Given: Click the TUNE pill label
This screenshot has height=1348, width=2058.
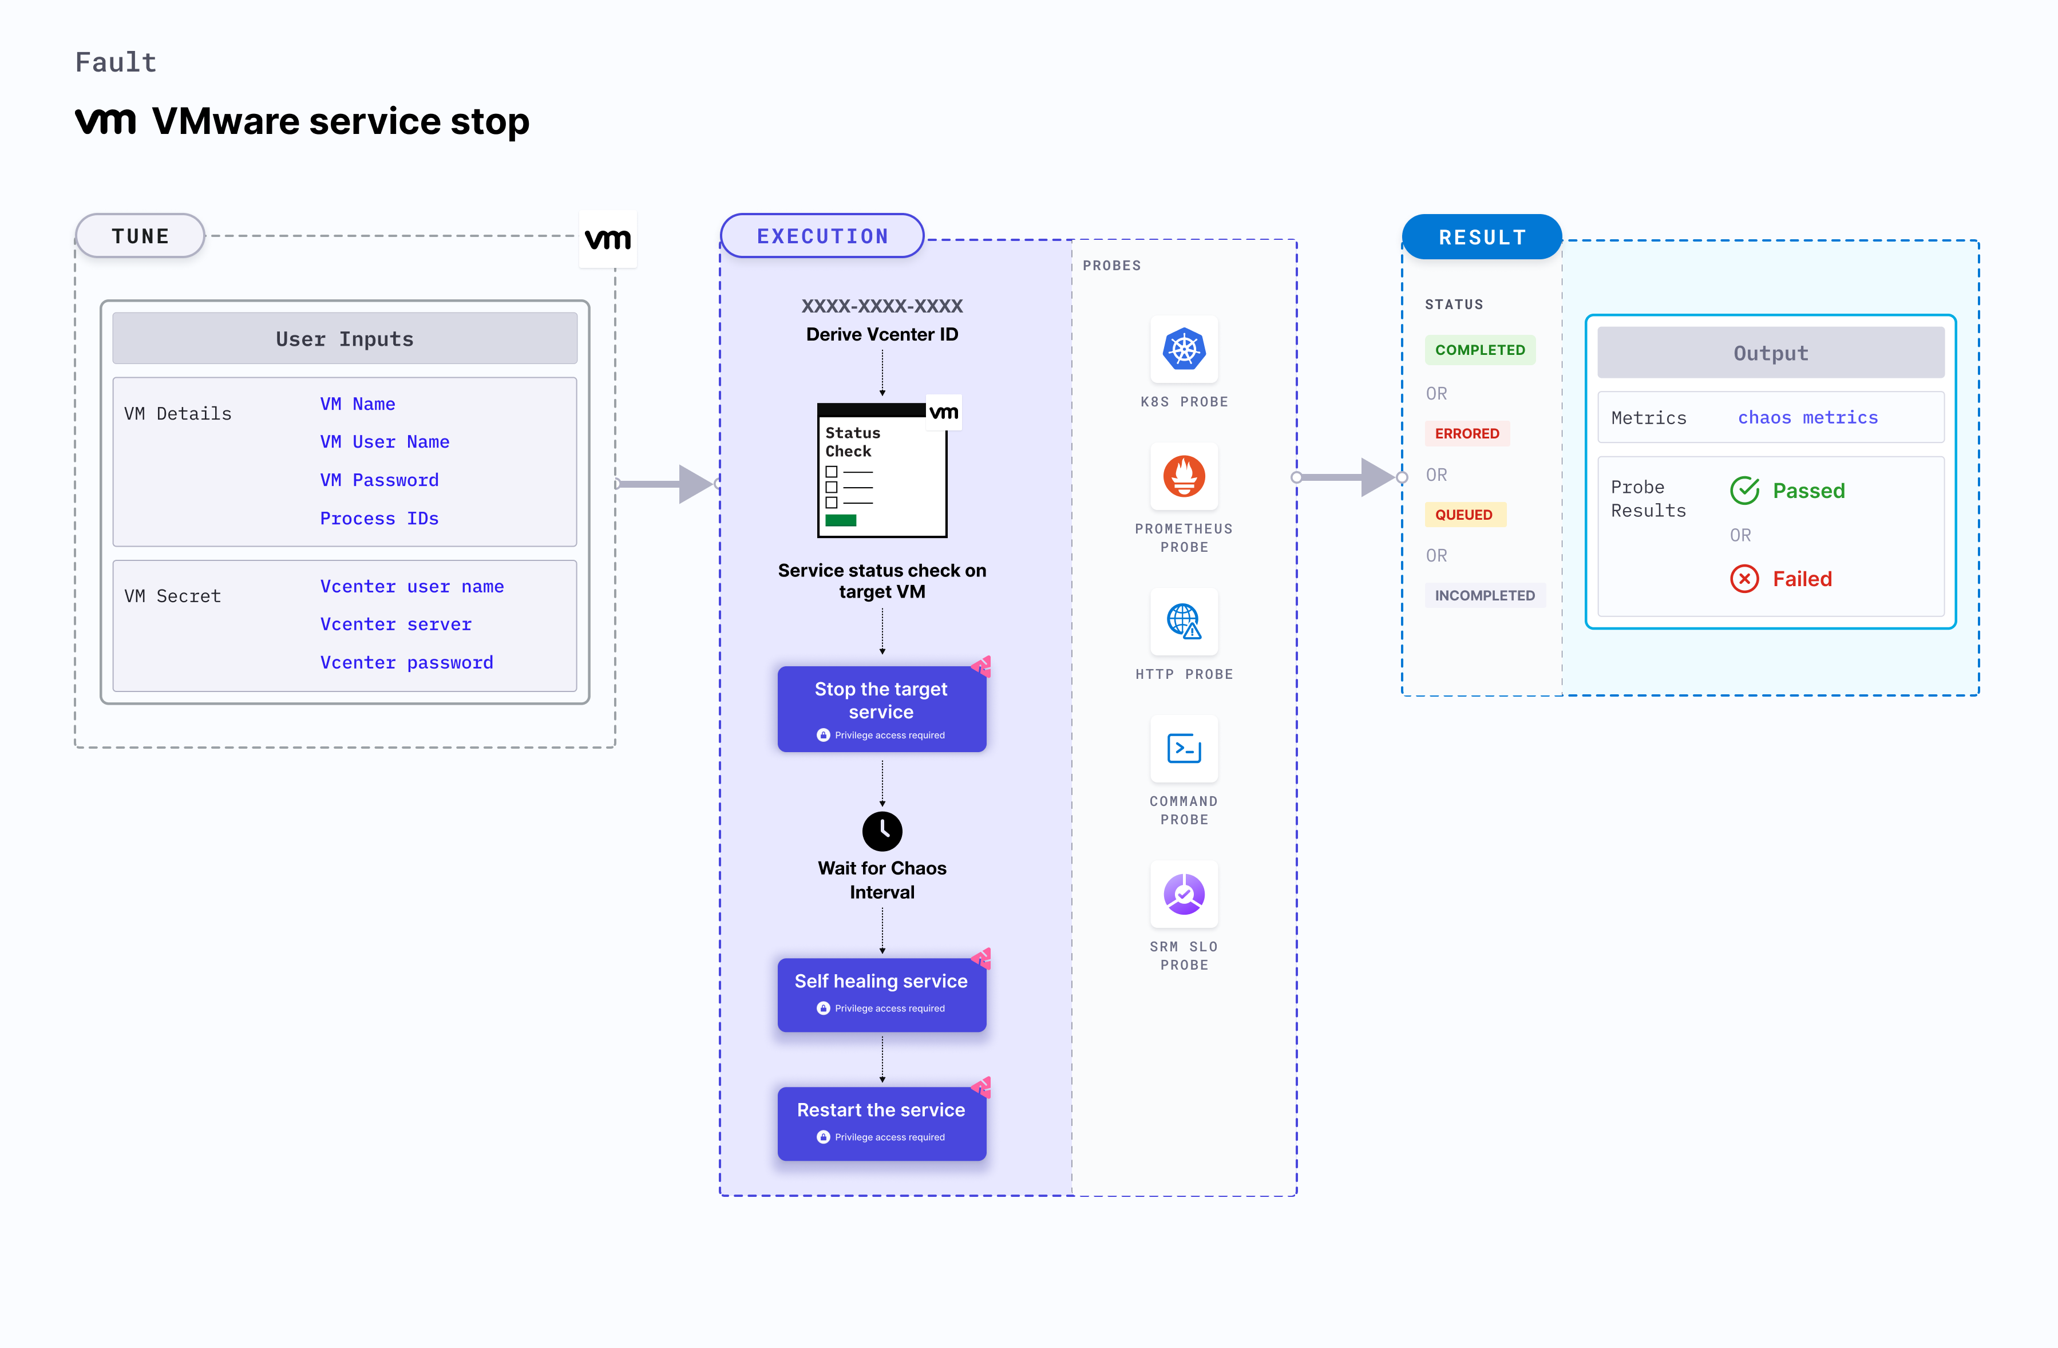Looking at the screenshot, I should pyautogui.click(x=140, y=236).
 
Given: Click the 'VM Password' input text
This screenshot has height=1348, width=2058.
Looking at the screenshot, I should pyautogui.click(x=379, y=480).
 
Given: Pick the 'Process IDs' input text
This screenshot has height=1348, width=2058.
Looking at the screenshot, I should pyautogui.click(x=379, y=518).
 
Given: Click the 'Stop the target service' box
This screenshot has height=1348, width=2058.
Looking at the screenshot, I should pyautogui.click(x=881, y=708).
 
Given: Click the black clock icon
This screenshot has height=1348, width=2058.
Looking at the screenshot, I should pyautogui.click(x=882, y=831).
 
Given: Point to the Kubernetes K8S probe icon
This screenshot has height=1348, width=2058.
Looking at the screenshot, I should pyautogui.click(x=1184, y=349).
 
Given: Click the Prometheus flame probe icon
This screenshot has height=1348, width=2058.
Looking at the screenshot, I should pyautogui.click(x=1184, y=476).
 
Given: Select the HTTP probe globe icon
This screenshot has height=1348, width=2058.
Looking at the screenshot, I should pyautogui.click(x=1184, y=622).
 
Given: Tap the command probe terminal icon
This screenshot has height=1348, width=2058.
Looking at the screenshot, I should pyautogui.click(x=1184, y=749).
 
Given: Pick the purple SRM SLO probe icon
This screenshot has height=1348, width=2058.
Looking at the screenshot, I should pyautogui.click(x=1184, y=894).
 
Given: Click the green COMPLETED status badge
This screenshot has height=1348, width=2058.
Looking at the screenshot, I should pyautogui.click(x=1479, y=349).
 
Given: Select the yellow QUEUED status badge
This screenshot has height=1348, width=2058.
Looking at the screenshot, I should pyautogui.click(x=1464, y=515).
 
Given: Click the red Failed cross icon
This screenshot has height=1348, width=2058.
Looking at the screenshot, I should pyautogui.click(x=1744, y=579).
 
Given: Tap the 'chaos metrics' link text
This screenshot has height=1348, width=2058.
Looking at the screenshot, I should pyautogui.click(x=1807, y=418).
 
